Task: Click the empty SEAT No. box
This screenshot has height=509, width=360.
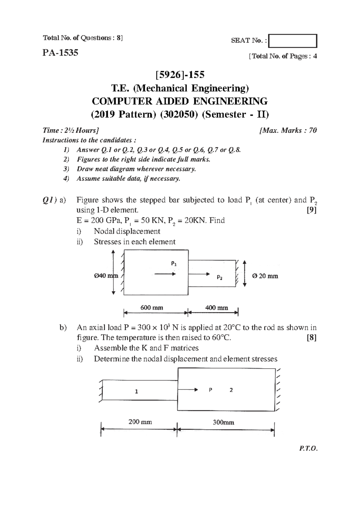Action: [292, 41]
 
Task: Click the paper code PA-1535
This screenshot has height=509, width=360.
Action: [60, 53]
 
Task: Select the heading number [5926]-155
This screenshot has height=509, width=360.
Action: [180, 74]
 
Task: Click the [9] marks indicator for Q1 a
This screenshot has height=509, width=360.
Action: [312, 210]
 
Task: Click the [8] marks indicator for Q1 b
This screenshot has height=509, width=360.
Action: [312, 338]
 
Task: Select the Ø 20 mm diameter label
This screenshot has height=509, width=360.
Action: [265, 276]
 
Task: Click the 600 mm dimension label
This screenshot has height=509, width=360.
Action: [152, 308]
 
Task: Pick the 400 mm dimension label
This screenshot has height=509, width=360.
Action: [217, 308]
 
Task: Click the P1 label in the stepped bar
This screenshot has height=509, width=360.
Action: [174, 264]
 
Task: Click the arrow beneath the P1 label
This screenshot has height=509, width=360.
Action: [164, 274]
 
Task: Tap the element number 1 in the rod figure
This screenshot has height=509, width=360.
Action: [136, 391]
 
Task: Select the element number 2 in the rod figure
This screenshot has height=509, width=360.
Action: [231, 390]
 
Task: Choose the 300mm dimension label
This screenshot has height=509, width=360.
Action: [223, 422]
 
